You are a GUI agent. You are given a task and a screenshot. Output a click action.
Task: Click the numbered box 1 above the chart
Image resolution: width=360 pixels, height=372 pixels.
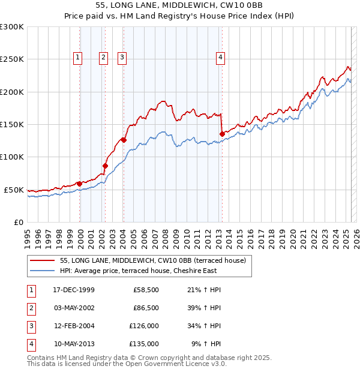tap(78, 58)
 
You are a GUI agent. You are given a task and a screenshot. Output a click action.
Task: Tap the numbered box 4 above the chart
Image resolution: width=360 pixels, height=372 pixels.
tap(221, 58)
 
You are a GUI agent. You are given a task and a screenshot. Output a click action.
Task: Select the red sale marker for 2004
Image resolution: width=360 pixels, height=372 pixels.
tap(124, 140)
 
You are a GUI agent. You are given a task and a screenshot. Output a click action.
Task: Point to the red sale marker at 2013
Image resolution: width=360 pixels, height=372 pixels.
tap(222, 134)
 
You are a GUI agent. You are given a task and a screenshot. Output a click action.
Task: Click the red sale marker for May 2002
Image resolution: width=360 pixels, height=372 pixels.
tap(105, 166)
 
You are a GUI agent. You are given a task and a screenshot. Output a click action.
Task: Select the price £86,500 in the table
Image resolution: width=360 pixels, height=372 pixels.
tap(144, 307)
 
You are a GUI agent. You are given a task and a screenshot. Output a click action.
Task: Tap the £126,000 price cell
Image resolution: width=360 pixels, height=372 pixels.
tap(144, 326)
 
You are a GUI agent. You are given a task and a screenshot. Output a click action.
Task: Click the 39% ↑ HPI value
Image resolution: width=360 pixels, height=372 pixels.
tap(204, 307)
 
